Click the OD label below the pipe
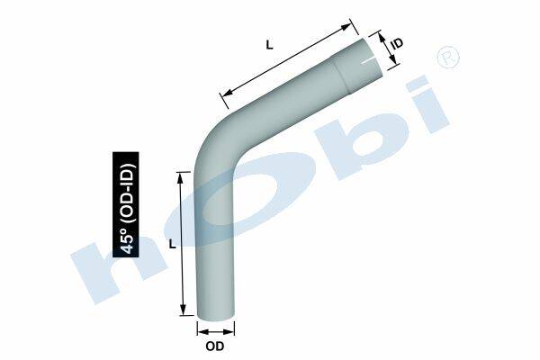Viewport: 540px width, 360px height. [215, 346]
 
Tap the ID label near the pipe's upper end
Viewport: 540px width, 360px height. [397, 43]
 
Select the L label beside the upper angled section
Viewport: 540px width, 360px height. [269, 44]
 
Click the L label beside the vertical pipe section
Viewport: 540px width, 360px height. [172, 244]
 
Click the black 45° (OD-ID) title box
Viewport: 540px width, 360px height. [126, 204]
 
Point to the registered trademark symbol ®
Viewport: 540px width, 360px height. [447, 58]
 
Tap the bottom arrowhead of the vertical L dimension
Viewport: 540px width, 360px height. [183, 309]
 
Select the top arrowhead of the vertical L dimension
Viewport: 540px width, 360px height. [180, 178]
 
